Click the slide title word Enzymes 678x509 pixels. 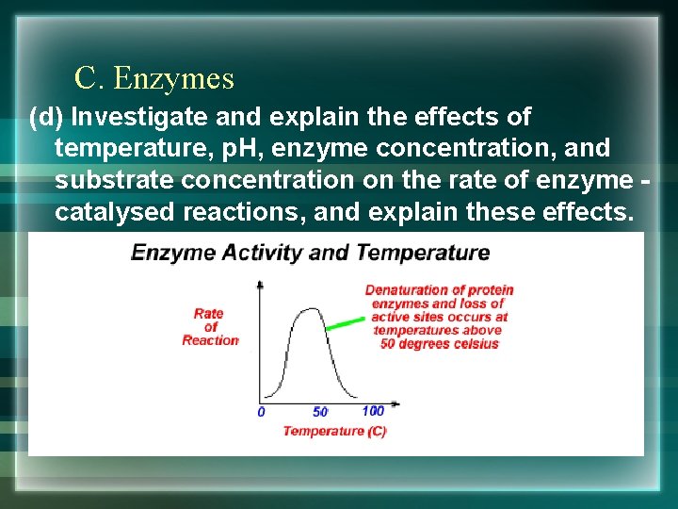pos(173,79)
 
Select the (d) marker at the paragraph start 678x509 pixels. pos(46,118)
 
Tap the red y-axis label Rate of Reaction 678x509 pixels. pos(209,326)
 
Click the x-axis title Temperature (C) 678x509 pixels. pos(334,431)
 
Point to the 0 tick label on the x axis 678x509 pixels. pos(261,412)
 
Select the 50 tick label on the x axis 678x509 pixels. pos(320,412)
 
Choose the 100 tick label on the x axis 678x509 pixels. pos(373,411)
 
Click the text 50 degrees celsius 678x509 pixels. pos(439,344)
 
